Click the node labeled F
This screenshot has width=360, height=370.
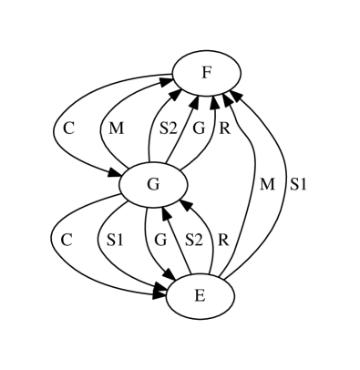coord(207,72)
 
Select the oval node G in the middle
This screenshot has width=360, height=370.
coord(153,184)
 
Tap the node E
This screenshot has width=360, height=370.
coord(200,296)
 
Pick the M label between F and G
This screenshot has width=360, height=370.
coord(116,128)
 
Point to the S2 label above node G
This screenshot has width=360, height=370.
coord(168,128)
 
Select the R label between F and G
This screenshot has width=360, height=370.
coord(224,128)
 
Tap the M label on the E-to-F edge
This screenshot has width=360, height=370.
coord(267,184)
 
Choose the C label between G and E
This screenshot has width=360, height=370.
coord(66,241)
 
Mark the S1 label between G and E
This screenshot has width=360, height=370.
coord(115,241)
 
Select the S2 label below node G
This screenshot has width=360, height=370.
coord(193,241)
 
